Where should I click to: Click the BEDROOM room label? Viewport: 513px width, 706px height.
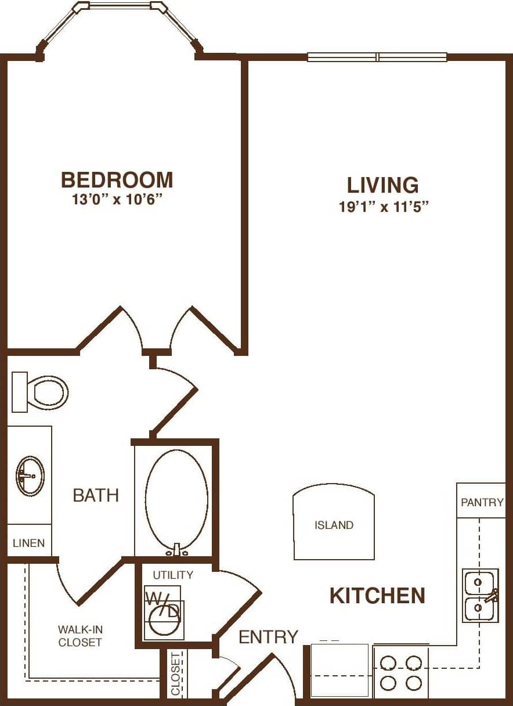pos(117,180)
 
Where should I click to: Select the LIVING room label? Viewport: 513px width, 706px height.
pos(382,185)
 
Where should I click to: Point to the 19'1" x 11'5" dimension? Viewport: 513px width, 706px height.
pos(383,207)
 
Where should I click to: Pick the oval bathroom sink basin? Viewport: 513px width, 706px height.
pos(30,476)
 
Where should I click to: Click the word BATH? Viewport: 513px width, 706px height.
pos(96,495)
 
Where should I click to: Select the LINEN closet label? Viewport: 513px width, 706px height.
pos(28,543)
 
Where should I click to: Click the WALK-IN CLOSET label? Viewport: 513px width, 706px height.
pos(80,636)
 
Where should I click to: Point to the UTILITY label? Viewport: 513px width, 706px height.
pos(172,575)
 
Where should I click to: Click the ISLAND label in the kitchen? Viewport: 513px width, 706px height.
pos(334,525)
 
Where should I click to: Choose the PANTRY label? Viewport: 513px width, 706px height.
pos(482,502)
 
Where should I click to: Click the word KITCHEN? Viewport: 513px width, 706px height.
pos(377,596)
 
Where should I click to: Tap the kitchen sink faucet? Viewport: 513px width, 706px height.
pos(493,595)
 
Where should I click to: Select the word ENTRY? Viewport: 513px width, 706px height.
pos(269,637)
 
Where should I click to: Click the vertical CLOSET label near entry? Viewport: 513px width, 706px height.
pos(176,673)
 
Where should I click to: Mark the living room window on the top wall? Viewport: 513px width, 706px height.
pos(377,57)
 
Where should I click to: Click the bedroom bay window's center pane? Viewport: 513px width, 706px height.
pos(120,5)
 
